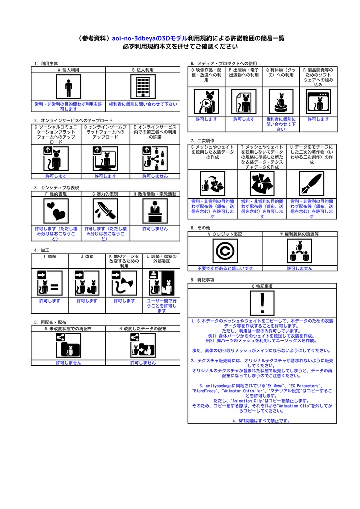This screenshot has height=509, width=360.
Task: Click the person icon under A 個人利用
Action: pyautogui.click(x=68, y=88)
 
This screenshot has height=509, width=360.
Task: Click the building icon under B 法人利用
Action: pyautogui.click(x=143, y=88)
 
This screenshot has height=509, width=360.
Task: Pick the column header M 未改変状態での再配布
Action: pyautogui.click(x=68, y=329)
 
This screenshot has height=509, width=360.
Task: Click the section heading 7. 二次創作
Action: pyautogui.click(x=202, y=141)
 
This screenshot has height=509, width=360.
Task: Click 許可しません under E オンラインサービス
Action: pyautogui.click(x=155, y=176)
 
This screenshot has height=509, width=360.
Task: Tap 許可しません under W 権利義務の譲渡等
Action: pyautogui.click(x=299, y=268)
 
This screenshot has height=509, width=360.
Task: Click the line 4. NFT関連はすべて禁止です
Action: pyautogui.click(x=262, y=421)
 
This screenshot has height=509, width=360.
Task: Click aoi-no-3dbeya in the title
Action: pyautogui.click(x=134, y=38)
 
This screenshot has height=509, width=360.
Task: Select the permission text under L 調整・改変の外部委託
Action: pyautogui.click(x=162, y=306)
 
